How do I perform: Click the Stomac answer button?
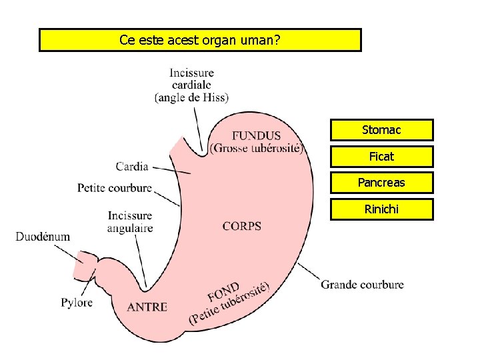click(x=381, y=129)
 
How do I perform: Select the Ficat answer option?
click(x=381, y=156)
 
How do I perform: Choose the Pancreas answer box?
click(x=381, y=183)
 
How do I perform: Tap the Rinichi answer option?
click(x=381, y=209)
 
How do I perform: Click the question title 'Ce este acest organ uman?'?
click(x=200, y=40)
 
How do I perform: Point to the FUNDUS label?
click(x=257, y=136)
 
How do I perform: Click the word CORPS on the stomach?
click(x=242, y=226)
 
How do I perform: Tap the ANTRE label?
click(x=147, y=307)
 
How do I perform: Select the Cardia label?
click(x=132, y=166)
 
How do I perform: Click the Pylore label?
click(x=77, y=303)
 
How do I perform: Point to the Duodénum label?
click(x=43, y=237)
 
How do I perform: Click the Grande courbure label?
click(x=362, y=285)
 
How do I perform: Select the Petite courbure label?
click(x=115, y=188)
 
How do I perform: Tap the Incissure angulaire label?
click(x=130, y=222)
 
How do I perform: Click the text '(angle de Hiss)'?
click(x=191, y=97)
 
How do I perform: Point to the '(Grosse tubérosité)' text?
click(x=257, y=148)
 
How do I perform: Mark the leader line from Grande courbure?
click(x=308, y=272)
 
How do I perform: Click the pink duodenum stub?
click(x=85, y=265)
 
